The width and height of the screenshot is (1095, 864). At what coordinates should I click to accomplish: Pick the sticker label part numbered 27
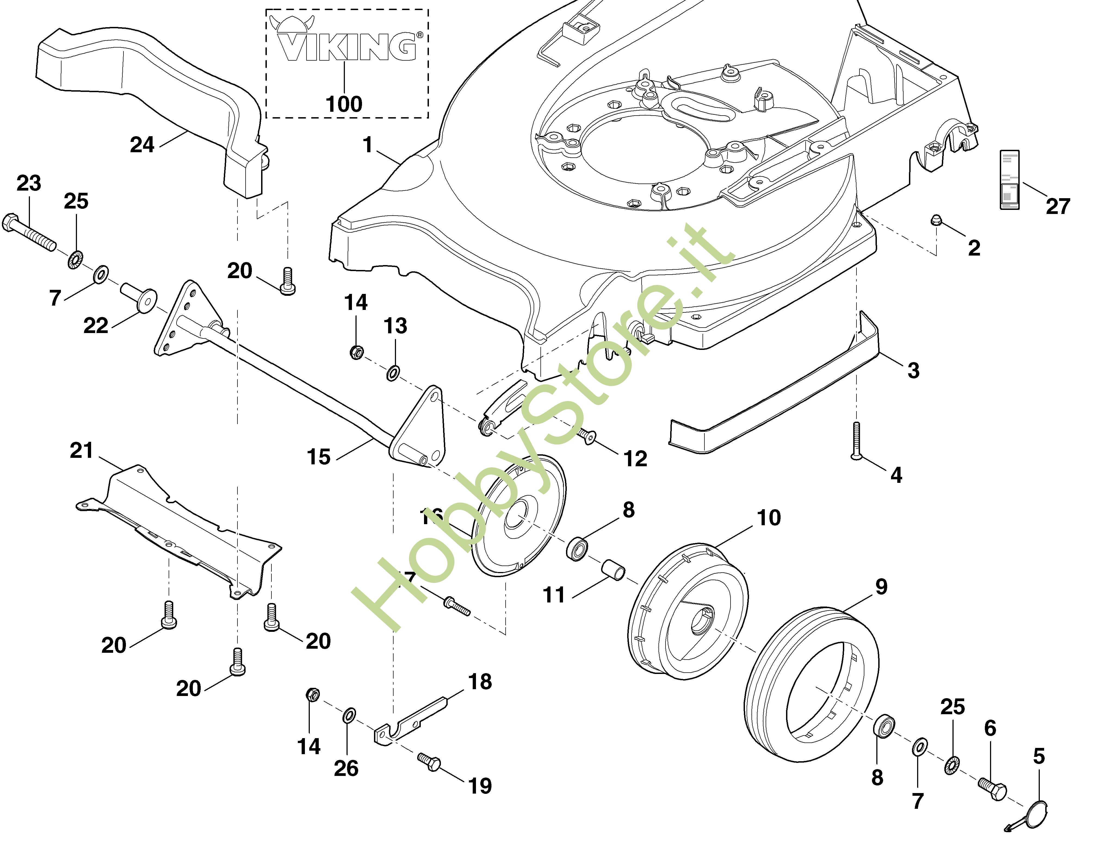point(1010,180)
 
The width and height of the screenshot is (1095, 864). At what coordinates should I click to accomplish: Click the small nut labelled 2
point(936,220)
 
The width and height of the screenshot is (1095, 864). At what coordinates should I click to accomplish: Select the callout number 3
point(913,370)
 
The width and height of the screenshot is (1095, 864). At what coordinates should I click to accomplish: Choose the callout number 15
point(319,457)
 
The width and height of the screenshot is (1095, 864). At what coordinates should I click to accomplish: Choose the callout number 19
point(480,786)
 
